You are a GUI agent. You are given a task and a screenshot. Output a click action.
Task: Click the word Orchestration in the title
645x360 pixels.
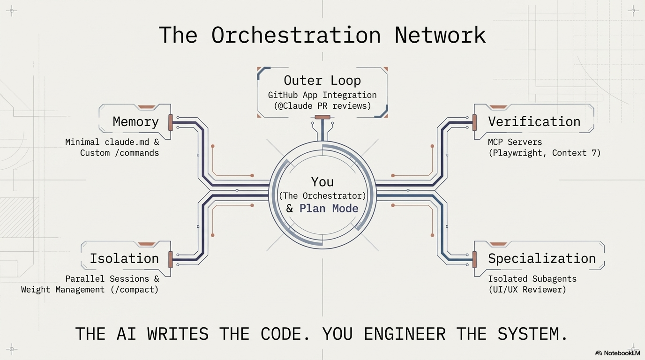296,35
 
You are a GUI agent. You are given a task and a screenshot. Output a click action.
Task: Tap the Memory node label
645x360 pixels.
135,122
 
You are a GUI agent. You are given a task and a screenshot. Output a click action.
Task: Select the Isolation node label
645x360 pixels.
124,258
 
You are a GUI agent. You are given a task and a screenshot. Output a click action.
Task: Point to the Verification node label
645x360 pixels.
534,121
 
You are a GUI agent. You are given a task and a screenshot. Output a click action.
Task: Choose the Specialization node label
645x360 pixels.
541,259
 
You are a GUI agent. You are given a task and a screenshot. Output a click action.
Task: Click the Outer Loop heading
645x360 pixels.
322,80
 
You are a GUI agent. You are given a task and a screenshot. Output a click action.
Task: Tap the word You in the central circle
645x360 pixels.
322,182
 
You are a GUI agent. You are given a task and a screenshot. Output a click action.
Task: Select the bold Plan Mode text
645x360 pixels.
329,208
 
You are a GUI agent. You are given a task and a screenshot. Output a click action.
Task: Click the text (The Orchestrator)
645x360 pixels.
322,196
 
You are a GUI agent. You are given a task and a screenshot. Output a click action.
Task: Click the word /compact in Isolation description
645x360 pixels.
134,289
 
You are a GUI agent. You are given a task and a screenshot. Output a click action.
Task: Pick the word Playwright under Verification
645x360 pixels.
515,153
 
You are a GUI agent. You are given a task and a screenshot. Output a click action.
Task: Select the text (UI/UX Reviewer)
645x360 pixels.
527,289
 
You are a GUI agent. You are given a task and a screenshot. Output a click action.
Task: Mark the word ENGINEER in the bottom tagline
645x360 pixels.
405,334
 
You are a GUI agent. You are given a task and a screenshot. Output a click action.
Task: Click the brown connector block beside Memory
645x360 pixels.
171,122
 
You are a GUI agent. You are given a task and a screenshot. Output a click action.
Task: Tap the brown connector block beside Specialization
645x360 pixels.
474,260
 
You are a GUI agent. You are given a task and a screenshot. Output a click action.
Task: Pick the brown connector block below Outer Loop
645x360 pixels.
322,117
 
